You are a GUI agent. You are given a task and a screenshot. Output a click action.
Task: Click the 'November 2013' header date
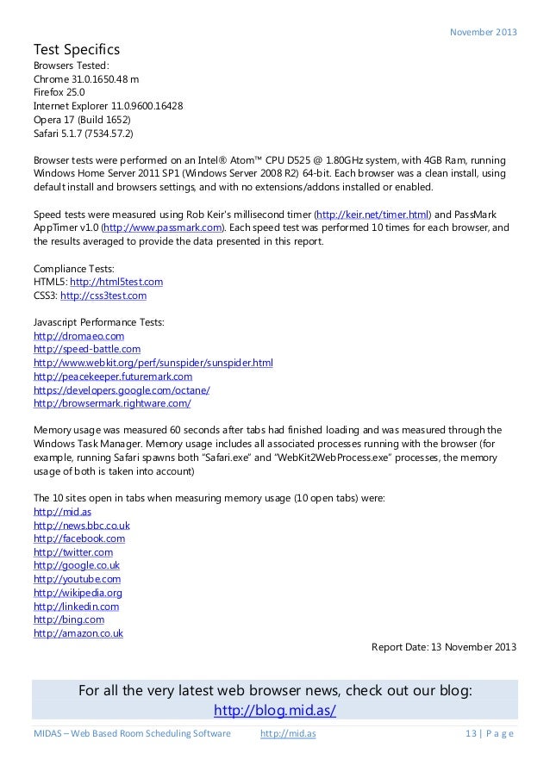pos(484,33)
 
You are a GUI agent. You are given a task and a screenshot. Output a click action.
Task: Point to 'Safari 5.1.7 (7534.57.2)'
pos(84,134)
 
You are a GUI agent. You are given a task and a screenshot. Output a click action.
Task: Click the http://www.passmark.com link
pos(163,227)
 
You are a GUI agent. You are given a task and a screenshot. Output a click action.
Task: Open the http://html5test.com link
pos(116,281)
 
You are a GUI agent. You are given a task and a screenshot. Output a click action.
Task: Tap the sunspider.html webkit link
pos(153,363)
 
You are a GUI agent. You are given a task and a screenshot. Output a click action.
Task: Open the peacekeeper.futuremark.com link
pos(112,377)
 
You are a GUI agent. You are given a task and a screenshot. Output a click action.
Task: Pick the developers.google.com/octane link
pos(121,389)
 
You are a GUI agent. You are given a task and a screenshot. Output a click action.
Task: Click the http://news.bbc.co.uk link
pos(81,525)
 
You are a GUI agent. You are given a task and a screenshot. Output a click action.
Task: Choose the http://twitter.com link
pos(72,551)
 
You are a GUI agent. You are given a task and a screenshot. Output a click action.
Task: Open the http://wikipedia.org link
pos(78,593)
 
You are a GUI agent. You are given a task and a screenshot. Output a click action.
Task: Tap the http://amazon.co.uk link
pos(78,633)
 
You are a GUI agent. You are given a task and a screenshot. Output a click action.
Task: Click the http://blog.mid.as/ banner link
pos(274,711)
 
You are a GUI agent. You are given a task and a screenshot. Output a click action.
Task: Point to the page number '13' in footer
pos(470,734)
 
